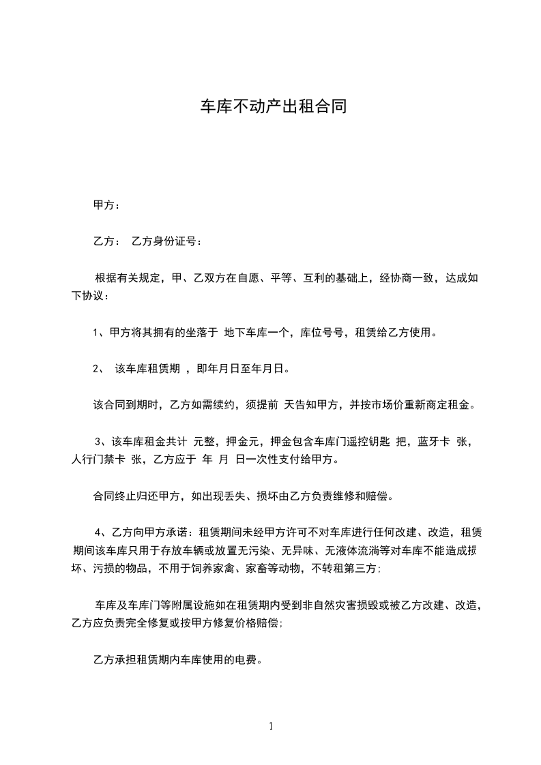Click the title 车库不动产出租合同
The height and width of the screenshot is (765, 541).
coord(270,106)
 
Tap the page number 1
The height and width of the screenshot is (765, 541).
coord(271,726)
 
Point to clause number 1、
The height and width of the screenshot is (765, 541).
coord(98,333)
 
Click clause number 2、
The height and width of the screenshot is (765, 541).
coord(98,370)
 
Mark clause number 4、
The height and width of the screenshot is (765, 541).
coord(101,532)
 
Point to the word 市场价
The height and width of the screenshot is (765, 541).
coord(379,406)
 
